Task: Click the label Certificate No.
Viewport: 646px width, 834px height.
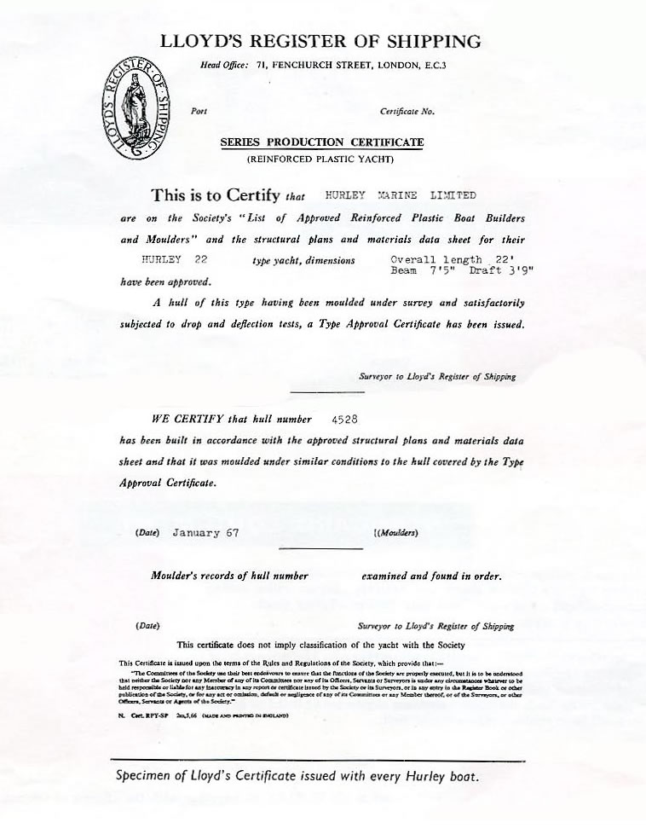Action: coord(407,112)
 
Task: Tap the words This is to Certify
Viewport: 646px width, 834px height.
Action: coord(215,195)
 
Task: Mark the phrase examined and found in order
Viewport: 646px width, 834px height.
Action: coord(431,576)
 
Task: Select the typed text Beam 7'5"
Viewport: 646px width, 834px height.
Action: coord(417,270)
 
